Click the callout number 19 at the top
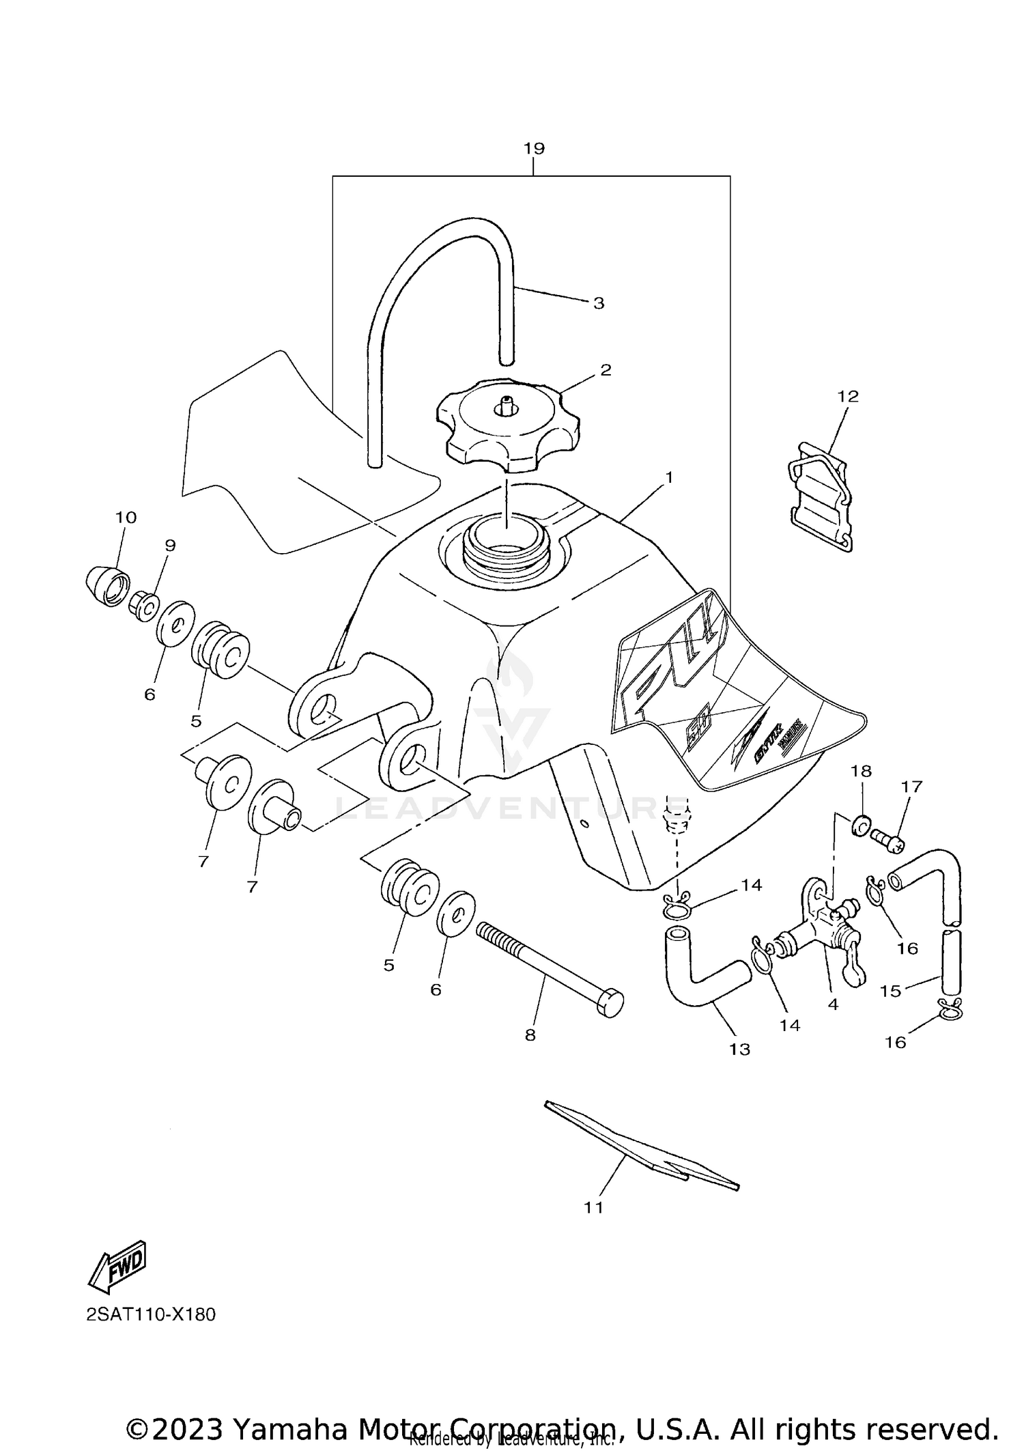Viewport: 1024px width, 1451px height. [534, 148]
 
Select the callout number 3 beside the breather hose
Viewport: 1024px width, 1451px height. [598, 303]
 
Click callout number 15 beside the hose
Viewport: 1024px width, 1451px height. [890, 991]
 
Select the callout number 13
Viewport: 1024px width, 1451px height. [739, 1049]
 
